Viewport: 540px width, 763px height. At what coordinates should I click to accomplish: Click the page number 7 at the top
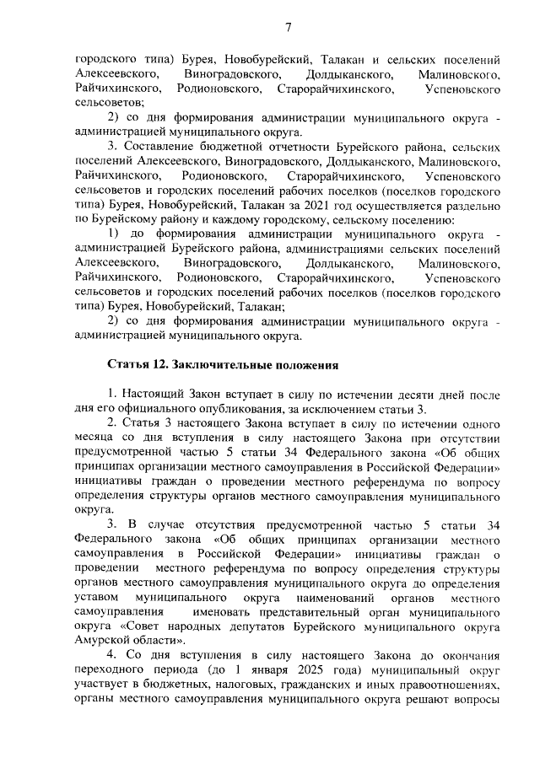pos(287,27)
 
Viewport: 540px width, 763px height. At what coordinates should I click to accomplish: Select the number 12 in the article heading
pos(159,365)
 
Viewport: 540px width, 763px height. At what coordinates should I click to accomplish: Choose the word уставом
pos(96,598)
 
